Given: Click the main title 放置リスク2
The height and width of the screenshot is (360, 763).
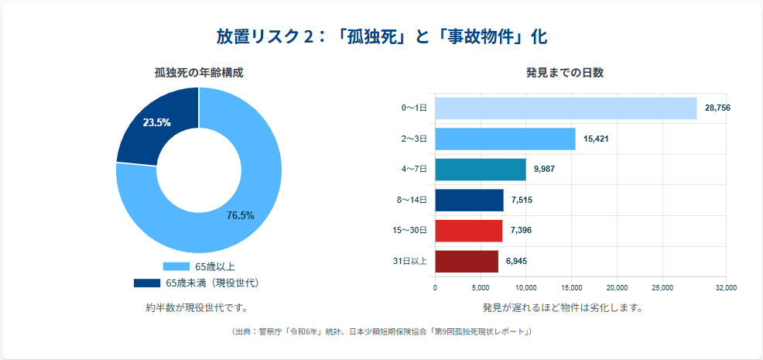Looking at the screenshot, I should [x=381, y=36].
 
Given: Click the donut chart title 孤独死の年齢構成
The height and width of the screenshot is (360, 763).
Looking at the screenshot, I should [x=199, y=73].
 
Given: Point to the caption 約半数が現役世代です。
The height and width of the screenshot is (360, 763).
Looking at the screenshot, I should [x=199, y=307].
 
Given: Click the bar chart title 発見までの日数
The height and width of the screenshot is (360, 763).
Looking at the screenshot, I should [x=565, y=73].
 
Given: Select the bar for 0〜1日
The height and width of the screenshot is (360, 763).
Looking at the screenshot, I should [x=566, y=108].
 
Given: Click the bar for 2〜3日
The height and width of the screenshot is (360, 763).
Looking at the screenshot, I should [x=505, y=139].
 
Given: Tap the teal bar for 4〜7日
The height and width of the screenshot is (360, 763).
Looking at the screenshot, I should [x=481, y=170].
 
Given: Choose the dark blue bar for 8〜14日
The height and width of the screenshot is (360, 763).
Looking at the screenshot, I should [x=469, y=201].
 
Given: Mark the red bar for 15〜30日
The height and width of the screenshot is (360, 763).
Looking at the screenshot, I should [x=469, y=231].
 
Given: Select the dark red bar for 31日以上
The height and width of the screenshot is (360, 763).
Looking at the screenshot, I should [x=467, y=262].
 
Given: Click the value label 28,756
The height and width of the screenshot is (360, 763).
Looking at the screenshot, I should [x=717, y=108].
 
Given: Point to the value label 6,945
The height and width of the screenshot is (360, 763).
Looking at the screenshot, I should [x=516, y=262].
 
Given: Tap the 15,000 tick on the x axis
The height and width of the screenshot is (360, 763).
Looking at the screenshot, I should [x=571, y=288].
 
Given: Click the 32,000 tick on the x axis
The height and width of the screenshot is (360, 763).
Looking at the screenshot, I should [x=726, y=288].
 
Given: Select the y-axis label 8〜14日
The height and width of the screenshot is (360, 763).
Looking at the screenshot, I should [x=412, y=201].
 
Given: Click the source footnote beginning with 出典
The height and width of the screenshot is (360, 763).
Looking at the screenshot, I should [x=381, y=331].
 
